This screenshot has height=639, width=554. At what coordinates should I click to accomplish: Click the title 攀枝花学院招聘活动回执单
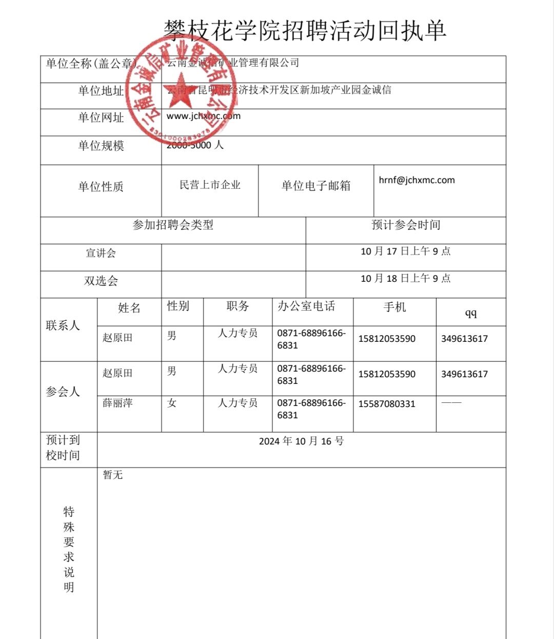305,31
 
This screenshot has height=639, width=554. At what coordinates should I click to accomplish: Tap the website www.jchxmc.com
204,116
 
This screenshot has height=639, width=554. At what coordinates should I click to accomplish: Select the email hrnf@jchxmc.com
417,180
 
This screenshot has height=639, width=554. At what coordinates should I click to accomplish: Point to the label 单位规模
101,146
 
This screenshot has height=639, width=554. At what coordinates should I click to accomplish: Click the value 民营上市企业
210,185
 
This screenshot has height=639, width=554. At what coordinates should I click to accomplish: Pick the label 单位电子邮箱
316,186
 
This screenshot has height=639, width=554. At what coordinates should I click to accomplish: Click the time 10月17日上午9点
405,251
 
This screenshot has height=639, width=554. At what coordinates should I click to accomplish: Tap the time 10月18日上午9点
405,278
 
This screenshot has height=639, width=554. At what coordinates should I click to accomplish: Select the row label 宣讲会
101,253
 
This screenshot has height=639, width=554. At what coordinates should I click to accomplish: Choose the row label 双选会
101,281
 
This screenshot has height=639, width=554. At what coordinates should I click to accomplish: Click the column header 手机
394,307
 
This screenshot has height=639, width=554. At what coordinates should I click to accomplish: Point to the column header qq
470,313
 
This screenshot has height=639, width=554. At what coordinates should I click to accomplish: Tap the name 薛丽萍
117,403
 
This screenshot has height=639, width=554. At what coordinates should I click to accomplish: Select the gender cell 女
172,403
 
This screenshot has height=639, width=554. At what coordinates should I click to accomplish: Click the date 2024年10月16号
301,441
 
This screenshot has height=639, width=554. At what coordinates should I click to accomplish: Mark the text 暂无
112,475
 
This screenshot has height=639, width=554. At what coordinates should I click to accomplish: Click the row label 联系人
63,325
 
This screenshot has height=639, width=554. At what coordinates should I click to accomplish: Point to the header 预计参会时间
406,225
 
